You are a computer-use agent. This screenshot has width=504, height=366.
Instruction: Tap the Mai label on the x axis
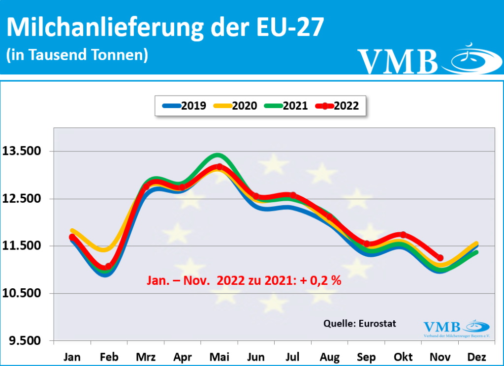coord(220,357)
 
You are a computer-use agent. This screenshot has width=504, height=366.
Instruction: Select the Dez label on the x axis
coord(476,357)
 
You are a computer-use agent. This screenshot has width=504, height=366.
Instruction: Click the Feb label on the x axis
coord(109,357)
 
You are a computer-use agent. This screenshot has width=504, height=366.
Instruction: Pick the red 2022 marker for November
coord(440,258)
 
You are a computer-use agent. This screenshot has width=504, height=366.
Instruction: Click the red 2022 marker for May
coord(220,167)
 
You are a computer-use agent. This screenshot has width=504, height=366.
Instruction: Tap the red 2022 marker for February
coord(109,267)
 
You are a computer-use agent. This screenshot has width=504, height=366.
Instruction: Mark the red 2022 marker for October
coord(403,235)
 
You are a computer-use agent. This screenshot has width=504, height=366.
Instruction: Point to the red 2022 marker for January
coord(72,237)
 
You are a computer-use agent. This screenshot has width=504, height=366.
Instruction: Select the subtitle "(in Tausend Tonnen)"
coord(77,55)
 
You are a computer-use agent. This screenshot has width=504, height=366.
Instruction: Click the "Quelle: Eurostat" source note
coord(359,323)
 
